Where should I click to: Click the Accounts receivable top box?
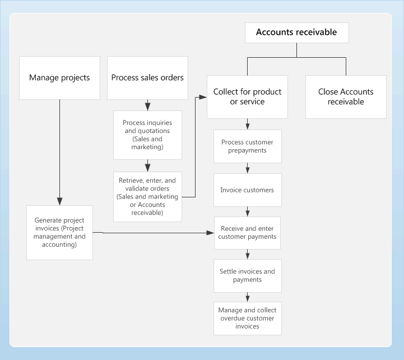296,33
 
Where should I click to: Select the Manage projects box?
59,78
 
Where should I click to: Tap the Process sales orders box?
147,78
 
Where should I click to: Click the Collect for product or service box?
247,96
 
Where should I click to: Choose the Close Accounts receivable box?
346,96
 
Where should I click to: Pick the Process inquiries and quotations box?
147,135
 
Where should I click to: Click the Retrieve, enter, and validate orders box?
147,196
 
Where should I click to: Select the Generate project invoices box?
59,232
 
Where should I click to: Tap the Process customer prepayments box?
247,146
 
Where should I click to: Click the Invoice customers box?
247,190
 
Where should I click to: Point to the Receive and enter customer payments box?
247,233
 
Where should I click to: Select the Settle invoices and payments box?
247,275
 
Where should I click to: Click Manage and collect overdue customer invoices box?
247,318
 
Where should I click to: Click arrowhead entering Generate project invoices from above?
59,202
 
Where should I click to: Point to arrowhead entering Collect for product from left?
203,97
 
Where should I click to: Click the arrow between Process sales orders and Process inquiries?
147,105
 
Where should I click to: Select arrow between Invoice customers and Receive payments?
247,212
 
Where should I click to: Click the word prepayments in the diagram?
247,150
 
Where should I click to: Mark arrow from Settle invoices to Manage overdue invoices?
247,297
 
